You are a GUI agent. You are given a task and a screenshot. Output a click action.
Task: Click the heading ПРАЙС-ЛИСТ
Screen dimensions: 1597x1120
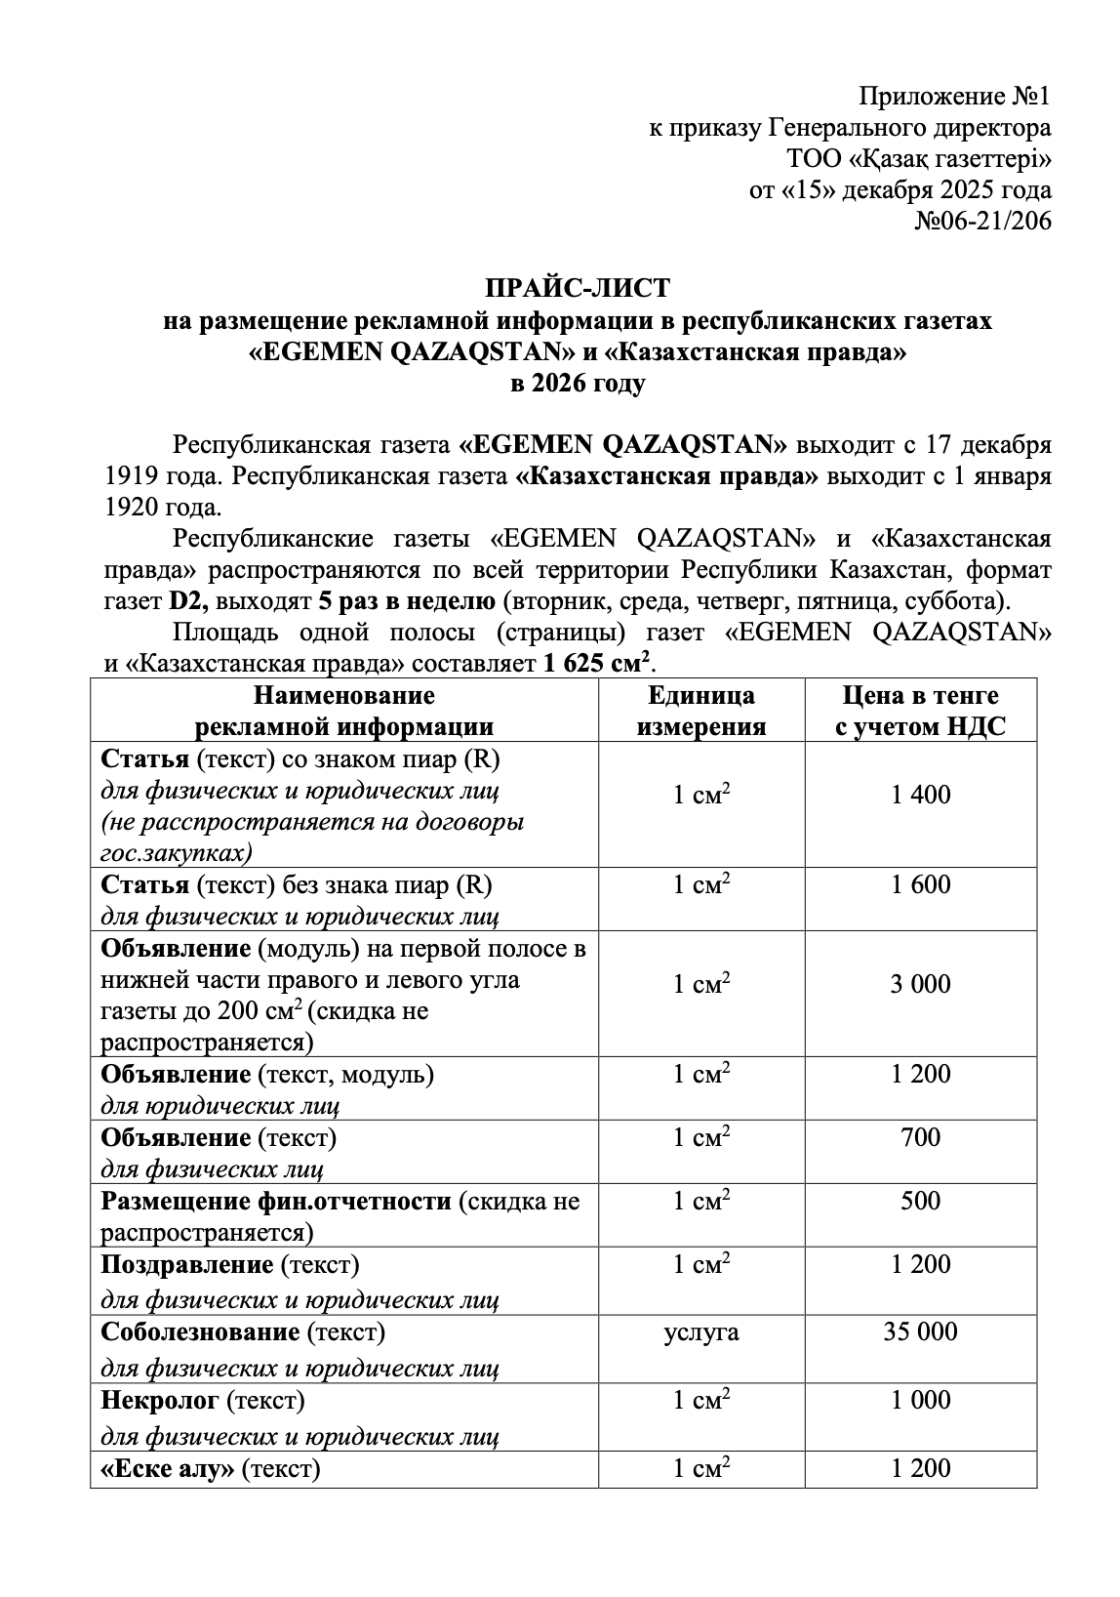coord(578,289)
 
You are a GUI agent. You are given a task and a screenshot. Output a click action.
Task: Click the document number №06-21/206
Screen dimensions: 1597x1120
coord(982,222)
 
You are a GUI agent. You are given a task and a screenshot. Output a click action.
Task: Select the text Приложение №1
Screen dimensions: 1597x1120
coord(954,97)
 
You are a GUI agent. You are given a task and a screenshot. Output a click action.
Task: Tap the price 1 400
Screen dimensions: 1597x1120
coord(920,795)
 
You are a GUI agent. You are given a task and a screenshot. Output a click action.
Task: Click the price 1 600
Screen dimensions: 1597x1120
coord(920,885)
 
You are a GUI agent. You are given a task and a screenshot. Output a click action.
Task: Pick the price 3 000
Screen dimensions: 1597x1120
coord(920,983)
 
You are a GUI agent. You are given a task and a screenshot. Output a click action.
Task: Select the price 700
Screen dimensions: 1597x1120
coord(920,1137)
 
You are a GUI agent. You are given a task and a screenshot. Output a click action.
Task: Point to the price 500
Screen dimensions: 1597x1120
coord(920,1201)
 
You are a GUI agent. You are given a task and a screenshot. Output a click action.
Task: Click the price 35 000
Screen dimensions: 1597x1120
coord(920,1331)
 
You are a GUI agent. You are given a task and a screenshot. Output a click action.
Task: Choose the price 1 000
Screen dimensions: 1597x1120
coord(920,1400)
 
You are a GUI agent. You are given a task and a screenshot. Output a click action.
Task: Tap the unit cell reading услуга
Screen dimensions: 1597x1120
coord(700,1331)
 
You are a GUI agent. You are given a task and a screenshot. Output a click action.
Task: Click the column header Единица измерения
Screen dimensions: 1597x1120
coord(700,711)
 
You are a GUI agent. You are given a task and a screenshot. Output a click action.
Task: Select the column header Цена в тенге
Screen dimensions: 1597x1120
coord(920,696)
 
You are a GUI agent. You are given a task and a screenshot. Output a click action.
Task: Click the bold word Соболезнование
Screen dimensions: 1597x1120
coord(200,1331)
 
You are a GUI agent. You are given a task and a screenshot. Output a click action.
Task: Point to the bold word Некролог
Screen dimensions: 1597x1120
coord(160,1400)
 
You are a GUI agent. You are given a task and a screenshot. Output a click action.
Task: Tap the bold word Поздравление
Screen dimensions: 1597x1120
coord(187,1264)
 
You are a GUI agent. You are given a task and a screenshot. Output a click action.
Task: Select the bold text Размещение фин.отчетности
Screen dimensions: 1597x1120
coord(277,1201)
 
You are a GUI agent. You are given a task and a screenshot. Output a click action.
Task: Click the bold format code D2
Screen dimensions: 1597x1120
coord(182,600)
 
